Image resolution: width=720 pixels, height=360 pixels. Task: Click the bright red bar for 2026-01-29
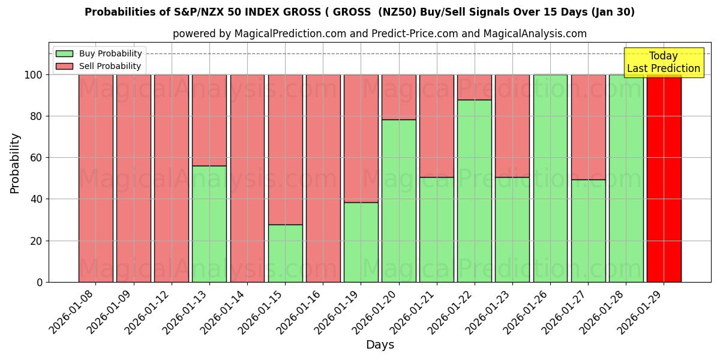664,178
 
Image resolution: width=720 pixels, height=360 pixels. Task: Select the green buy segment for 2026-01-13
209,224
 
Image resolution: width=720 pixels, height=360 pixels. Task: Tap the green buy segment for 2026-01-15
285,253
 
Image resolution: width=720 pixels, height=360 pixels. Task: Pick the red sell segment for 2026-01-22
475,87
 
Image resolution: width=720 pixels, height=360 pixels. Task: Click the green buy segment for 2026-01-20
399,200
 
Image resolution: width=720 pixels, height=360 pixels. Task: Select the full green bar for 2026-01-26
550,178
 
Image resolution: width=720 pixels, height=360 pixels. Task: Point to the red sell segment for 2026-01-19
361,138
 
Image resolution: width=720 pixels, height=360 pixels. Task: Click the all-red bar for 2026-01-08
96,178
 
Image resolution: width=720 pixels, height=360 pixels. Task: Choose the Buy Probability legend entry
98,53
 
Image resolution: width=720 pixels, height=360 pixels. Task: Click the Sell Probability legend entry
98,67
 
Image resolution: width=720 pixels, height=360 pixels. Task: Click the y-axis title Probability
15,163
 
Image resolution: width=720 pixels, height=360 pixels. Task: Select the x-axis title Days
380,345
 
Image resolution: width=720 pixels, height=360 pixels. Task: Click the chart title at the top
359,12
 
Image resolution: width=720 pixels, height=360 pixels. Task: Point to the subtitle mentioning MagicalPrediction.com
380,34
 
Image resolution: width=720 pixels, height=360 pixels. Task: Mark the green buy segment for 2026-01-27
588,230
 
